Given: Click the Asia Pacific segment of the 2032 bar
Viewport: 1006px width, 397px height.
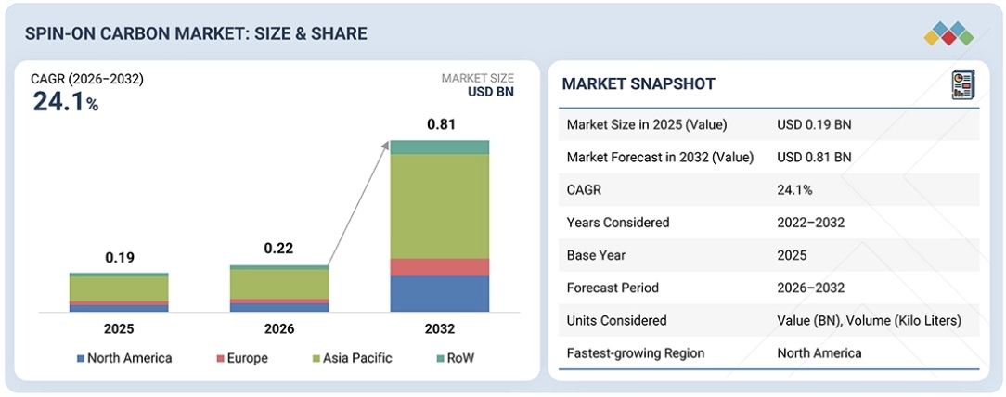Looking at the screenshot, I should (x=439, y=206).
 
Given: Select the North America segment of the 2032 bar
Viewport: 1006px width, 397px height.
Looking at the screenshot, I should (x=439, y=293).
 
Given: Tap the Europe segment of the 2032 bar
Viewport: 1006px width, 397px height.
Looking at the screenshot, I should (x=439, y=267).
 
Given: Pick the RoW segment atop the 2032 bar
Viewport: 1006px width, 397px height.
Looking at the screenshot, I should (x=439, y=147).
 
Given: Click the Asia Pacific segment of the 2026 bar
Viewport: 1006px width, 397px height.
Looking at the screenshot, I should (x=279, y=283).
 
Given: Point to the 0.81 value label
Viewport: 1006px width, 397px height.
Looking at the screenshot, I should (x=440, y=123).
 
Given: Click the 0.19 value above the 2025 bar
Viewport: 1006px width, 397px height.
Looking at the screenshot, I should (x=119, y=257).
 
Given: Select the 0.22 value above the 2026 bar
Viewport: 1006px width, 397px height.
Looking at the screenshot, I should (x=279, y=249).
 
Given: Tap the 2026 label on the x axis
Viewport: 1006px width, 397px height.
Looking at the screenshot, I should (x=279, y=328).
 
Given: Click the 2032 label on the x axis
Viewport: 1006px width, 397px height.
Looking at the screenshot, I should (x=439, y=328).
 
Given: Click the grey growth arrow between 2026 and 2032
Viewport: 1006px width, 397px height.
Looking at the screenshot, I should (x=356, y=204).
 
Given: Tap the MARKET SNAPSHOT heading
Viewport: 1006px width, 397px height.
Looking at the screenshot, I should (x=638, y=84).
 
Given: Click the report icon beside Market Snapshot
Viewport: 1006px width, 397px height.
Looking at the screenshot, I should (x=961, y=84).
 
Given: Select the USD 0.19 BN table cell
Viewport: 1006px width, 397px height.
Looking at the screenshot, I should (x=814, y=124).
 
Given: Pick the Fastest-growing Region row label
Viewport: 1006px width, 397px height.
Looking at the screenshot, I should (x=636, y=352).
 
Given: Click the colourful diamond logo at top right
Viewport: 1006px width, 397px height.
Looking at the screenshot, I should (x=948, y=33).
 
